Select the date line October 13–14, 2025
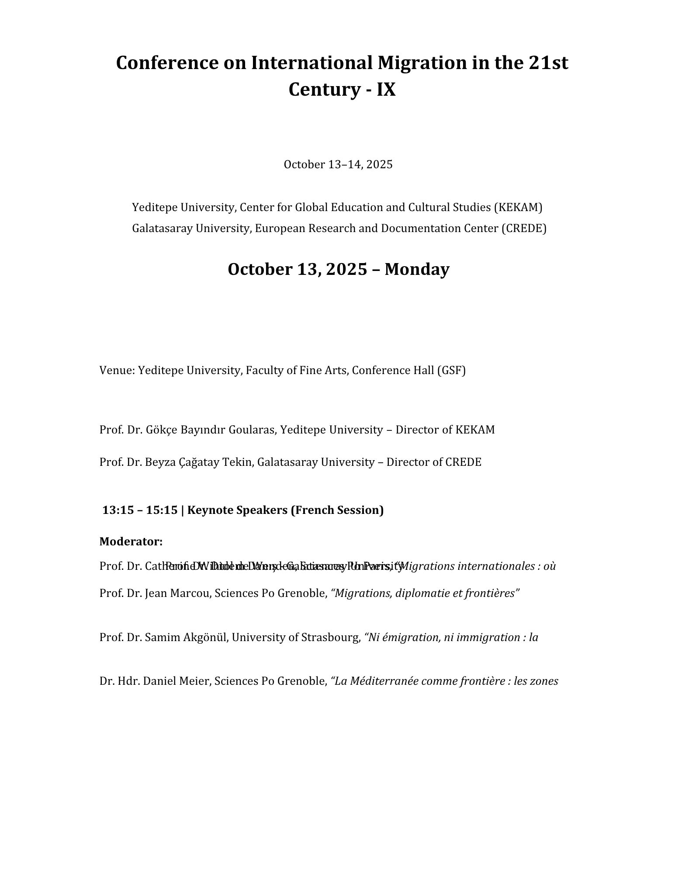click(338, 164)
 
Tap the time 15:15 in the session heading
click(162, 510)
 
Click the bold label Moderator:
click(131, 542)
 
